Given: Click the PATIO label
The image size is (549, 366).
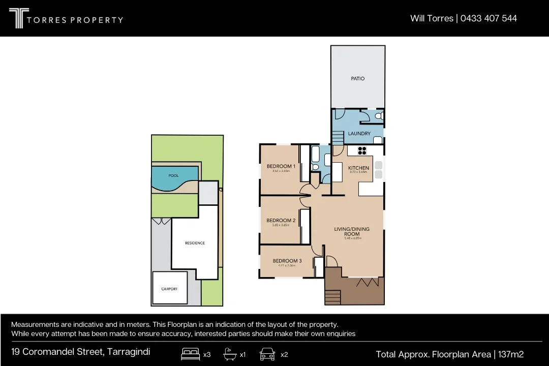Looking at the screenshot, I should coord(357,79).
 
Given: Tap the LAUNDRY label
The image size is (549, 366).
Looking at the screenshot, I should coord(359,134).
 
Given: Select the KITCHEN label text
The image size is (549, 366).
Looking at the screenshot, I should coord(358,168).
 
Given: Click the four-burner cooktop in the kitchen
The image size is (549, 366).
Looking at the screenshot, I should coord(362,150).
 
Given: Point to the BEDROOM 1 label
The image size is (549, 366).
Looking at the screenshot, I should coord(281,166).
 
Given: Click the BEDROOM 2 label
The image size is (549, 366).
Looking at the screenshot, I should coord(281,221).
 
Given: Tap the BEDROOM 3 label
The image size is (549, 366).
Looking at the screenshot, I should coord(287,261).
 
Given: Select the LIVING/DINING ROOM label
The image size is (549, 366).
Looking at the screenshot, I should coord(352,232).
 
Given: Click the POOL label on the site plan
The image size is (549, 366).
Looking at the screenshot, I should coord(173,176).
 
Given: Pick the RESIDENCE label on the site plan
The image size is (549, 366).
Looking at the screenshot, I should coord(195,243).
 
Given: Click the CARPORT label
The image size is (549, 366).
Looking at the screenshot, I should coord(169,289).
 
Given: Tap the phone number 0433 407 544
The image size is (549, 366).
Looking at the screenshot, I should coord(489,18).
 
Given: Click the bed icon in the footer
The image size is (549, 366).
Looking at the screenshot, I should coord(190,354).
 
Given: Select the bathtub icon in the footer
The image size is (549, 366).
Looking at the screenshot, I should coord(230,354).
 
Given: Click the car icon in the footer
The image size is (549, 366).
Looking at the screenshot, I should coord(267,354).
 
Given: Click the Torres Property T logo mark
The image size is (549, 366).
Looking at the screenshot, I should coord(16,18).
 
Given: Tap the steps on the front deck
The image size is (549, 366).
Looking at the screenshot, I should coord(332,296).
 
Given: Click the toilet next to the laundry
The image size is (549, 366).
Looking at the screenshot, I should coord(378,116).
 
